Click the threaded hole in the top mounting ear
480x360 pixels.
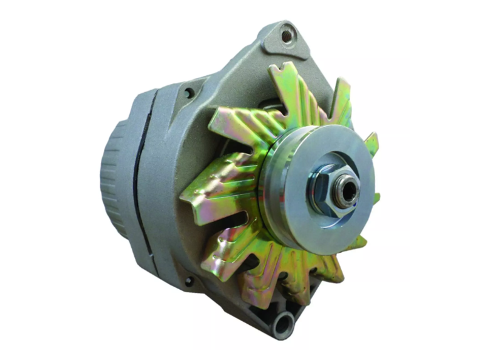(x=287, y=36)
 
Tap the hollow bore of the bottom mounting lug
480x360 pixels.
(x=282, y=326)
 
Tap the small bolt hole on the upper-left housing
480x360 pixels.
(x=189, y=93)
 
